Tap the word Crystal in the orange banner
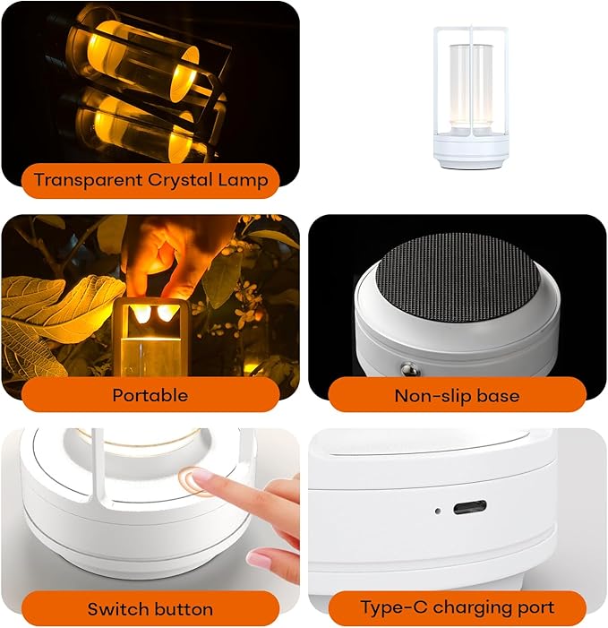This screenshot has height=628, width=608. pos(181,180)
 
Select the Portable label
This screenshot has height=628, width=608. pos(150,395)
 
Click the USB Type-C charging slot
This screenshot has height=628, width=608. pos(469,508)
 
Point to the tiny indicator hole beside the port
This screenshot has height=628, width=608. pos(437,512)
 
